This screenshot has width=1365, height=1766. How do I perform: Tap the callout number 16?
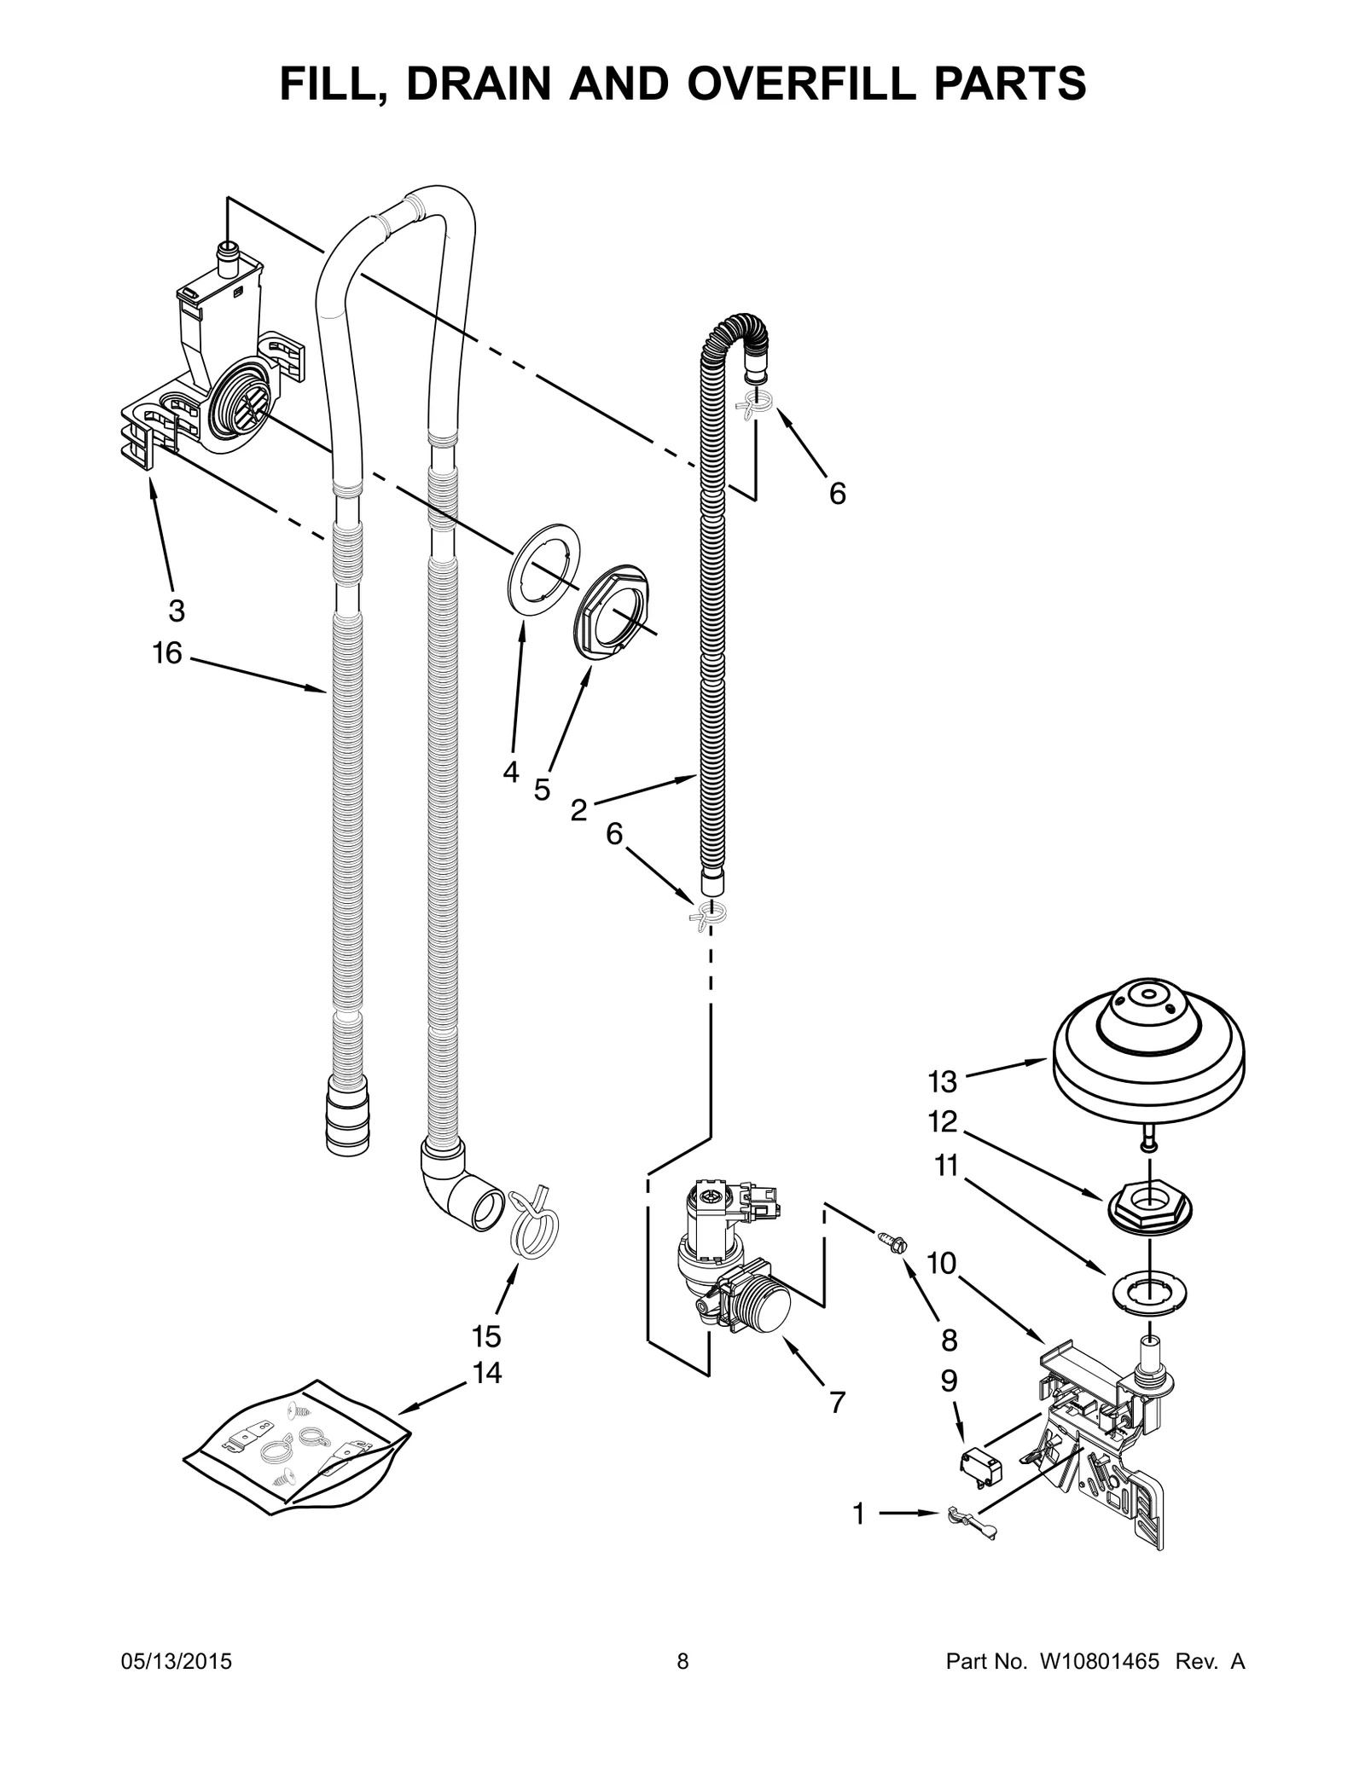pyautogui.click(x=167, y=653)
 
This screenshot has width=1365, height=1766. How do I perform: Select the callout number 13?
pyautogui.click(x=943, y=1082)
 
